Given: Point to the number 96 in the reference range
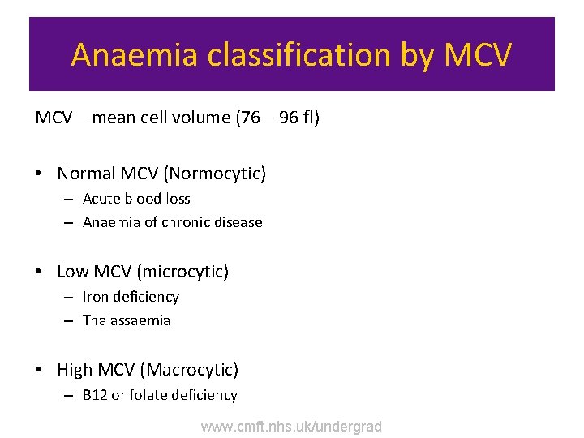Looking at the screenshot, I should tap(289, 118).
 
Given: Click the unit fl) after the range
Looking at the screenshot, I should tap(311, 118).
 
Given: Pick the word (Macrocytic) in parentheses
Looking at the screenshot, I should tap(190, 371).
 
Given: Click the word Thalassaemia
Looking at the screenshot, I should tap(127, 320).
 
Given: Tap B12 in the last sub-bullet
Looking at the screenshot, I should tap(95, 396).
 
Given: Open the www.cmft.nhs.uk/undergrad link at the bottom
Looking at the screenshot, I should tap(291, 427).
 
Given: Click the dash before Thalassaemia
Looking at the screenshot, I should tap(68, 321).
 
